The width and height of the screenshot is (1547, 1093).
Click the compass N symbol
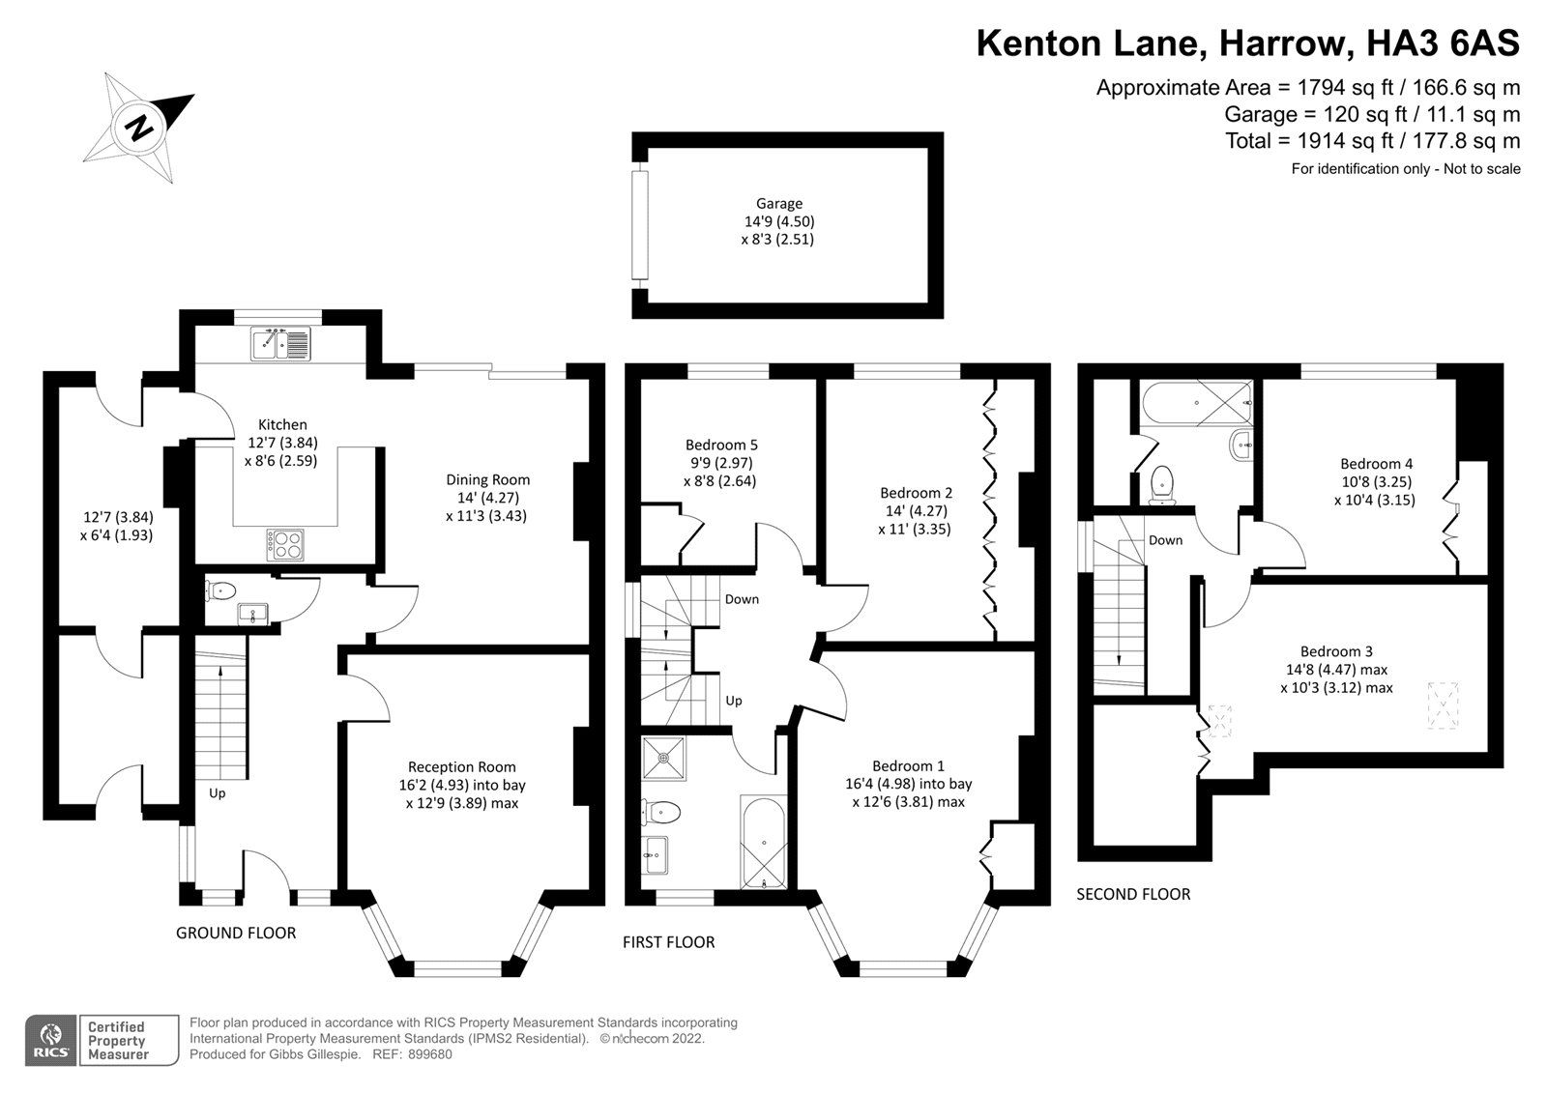(139, 127)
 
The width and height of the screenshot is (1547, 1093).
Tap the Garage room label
(778, 203)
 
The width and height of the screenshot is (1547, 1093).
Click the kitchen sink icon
(279, 343)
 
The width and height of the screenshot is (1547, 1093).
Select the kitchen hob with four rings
(285, 545)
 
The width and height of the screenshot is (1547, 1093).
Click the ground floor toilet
(222, 589)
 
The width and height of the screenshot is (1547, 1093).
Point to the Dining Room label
(487, 479)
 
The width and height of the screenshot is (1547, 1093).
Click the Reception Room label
(461, 766)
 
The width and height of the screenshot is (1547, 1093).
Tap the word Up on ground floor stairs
(218, 793)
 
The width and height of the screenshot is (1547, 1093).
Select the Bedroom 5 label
(721, 445)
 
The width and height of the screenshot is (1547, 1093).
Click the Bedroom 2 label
(916, 493)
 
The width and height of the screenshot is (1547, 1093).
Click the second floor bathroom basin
(1240, 446)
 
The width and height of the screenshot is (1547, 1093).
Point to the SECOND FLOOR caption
(1133, 894)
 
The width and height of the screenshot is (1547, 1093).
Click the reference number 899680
(430, 1054)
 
